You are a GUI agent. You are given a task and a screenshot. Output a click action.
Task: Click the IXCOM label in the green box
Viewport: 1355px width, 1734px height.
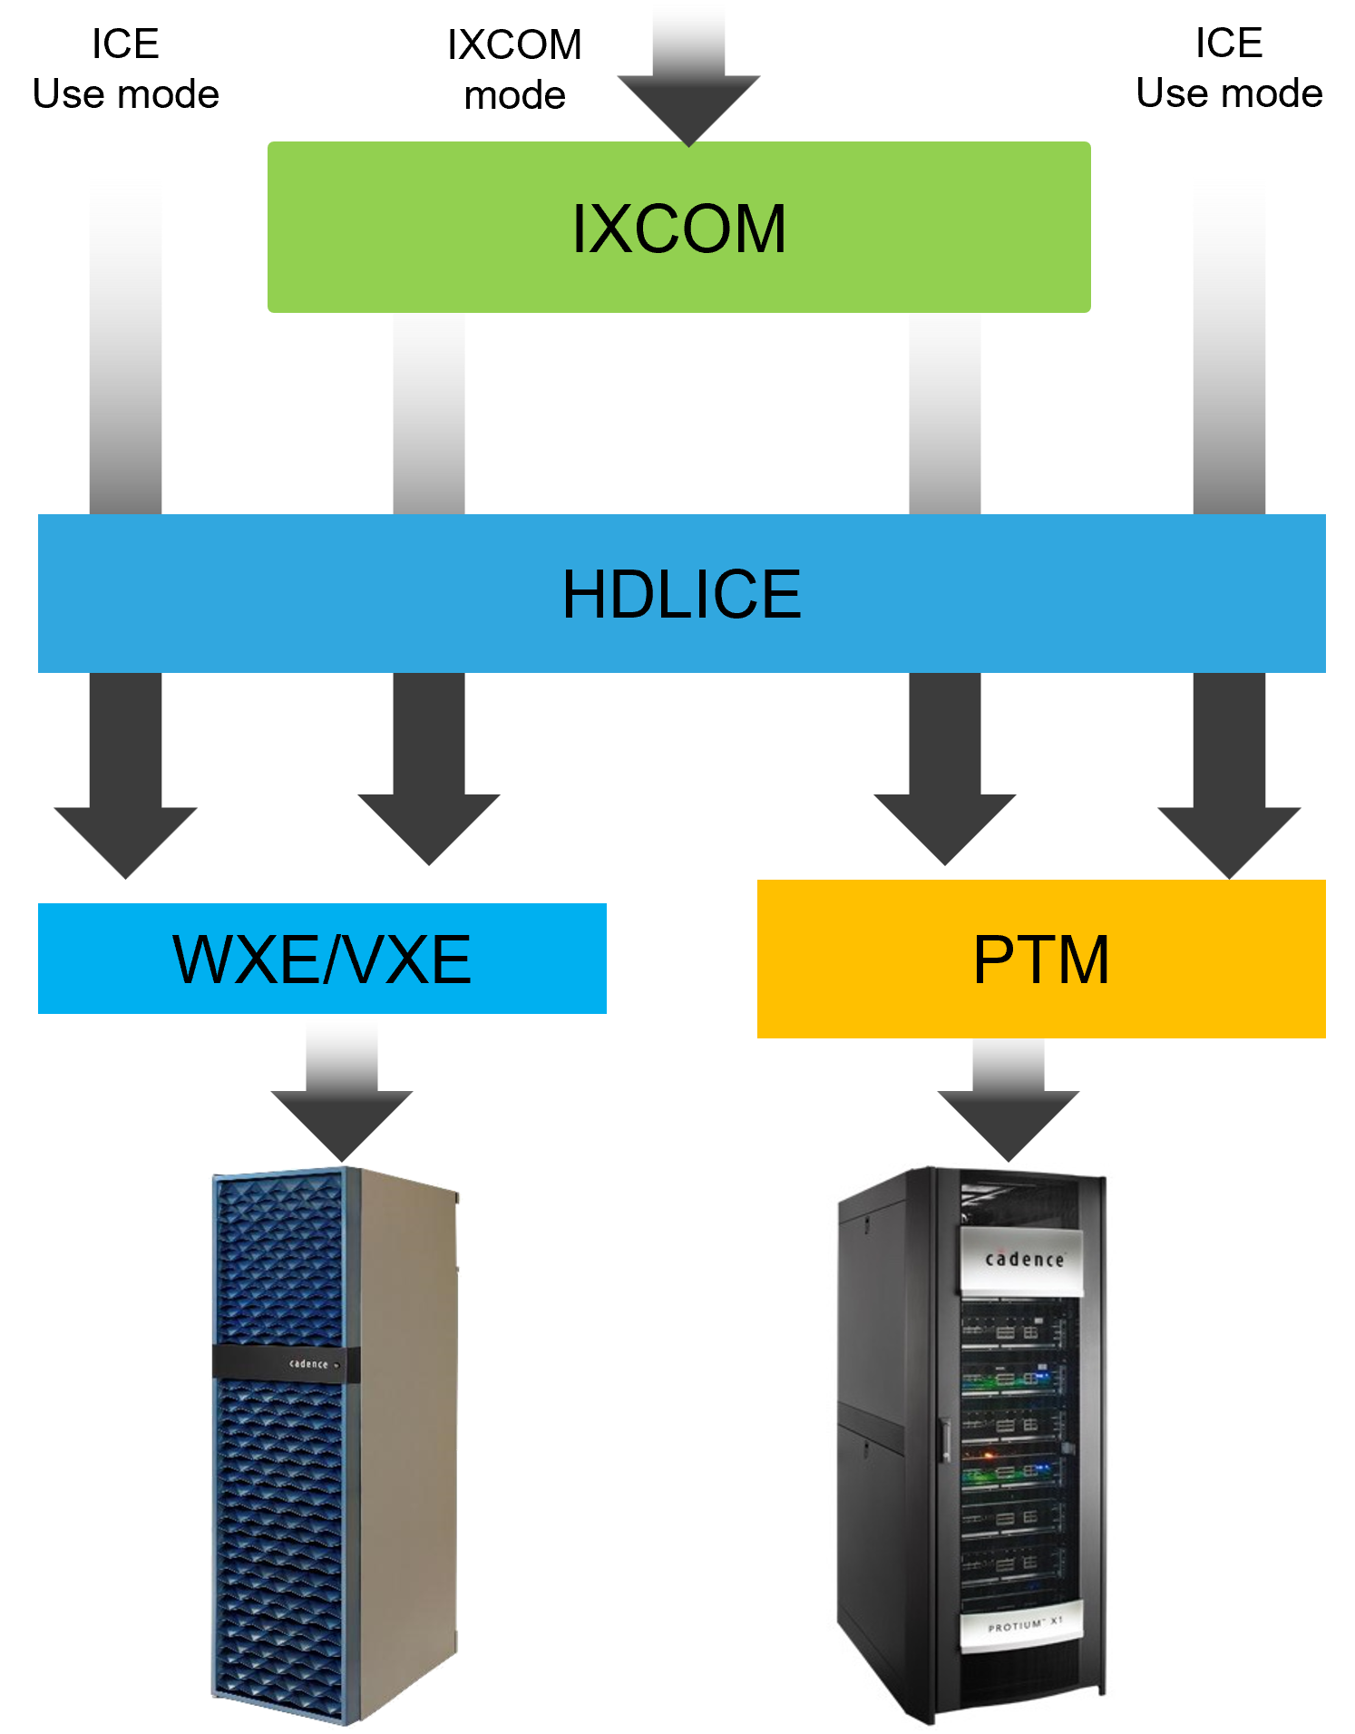(x=678, y=229)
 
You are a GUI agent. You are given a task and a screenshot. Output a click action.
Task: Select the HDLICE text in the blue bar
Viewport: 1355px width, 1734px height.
(x=681, y=594)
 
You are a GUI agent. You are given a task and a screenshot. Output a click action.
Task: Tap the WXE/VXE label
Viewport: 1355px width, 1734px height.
(x=322, y=959)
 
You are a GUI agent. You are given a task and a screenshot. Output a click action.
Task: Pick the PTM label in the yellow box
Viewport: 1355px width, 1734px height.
(x=1040, y=959)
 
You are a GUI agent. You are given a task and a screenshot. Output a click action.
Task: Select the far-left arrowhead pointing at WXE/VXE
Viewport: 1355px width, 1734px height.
(x=125, y=839)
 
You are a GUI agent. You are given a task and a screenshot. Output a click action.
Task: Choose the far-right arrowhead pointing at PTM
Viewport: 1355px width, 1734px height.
(x=1229, y=839)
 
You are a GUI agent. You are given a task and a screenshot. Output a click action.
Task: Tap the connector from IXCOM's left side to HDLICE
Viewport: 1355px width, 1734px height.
(x=429, y=413)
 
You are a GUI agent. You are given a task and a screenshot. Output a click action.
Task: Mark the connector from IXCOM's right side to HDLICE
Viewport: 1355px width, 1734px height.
(x=945, y=413)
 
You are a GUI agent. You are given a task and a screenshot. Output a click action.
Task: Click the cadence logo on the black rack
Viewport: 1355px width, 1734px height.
(x=1024, y=1260)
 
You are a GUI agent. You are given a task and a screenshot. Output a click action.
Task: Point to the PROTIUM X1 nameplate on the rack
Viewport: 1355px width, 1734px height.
(x=1024, y=1626)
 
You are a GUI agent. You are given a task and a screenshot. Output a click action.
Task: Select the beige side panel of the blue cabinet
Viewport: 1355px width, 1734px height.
(x=408, y=1451)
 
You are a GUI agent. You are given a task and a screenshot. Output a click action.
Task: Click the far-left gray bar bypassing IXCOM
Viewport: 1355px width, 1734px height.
(x=125, y=340)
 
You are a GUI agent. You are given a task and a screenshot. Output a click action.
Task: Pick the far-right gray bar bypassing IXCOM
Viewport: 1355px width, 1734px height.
(x=1229, y=340)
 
